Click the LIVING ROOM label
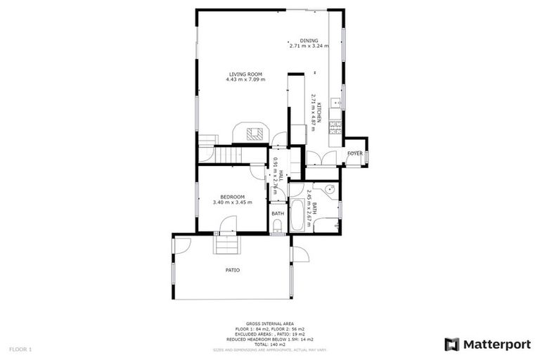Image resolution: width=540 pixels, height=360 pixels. click(x=245, y=74)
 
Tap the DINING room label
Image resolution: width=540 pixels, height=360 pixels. click(x=309, y=41)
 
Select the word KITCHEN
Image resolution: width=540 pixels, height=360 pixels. click(x=319, y=113)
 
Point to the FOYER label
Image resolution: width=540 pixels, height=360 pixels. click(x=354, y=153)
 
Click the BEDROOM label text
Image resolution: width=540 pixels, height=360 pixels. click(x=232, y=196)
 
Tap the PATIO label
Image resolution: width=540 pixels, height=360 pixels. click(x=232, y=269)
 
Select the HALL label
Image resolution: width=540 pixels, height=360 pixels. click(x=280, y=176)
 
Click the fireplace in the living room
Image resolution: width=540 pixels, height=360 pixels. click(x=251, y=132)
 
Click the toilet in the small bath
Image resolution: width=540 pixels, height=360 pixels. click(x=278, y=226)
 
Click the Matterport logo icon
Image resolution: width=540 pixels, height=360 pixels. click(x=451, y=344)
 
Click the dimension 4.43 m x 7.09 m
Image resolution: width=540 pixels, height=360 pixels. click(x=245, y=79)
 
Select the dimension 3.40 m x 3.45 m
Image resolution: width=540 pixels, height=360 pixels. click(x=232, y=202)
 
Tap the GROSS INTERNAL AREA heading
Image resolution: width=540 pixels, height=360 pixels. click(x=270, y=324)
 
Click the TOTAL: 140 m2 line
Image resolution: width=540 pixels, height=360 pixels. click(x=270, y=345)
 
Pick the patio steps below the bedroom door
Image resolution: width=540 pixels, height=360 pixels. click(x=227, y=245)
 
